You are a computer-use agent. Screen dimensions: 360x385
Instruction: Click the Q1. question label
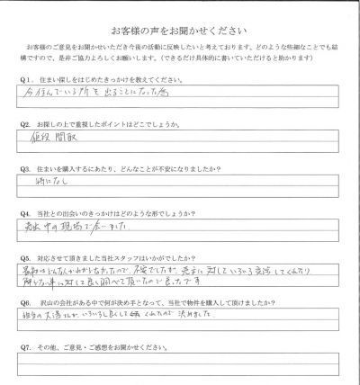25,81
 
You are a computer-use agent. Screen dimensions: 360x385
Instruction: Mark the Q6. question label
25,306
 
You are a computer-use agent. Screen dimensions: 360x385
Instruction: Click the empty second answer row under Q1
180,106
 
